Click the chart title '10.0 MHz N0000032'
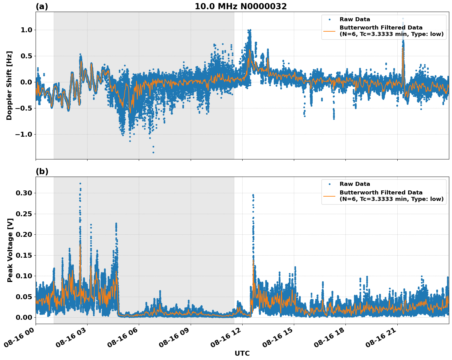[240, 6]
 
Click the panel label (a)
[42, 6]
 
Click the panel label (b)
[42, 171]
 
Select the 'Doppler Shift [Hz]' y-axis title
[9, 85]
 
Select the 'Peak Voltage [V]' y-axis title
[10, 250]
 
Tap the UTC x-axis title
[242, 353]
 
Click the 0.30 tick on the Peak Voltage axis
[24, 193]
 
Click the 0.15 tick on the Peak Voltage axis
[24, 255]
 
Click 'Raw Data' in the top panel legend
[355, 19]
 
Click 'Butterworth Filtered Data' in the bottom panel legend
[381, 193]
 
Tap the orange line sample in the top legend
[329, 31]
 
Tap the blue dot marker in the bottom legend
[329, 184]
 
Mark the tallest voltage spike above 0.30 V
[80, 184]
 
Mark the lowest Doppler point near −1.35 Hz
[153, 152]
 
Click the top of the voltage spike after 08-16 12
[253, 195]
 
